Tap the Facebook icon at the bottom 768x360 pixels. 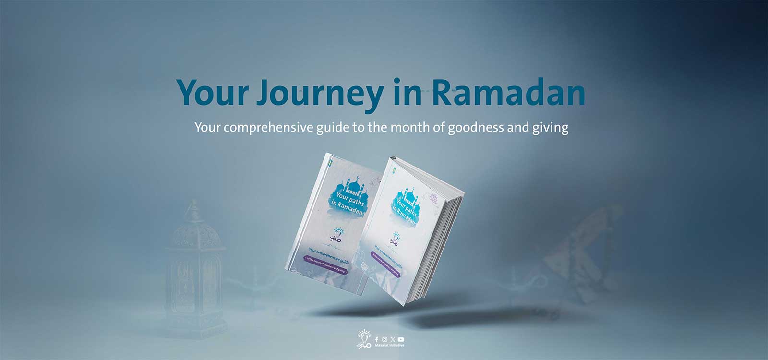click(376, 339)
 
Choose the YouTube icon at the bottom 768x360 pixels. click(401, 339)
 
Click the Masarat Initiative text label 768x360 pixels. click(389, 346)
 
